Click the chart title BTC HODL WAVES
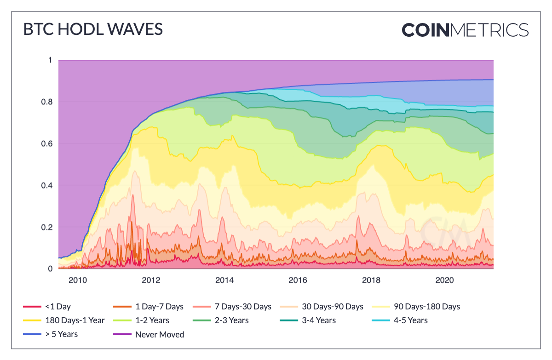coord(93,29)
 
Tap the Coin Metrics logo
coord(465,30)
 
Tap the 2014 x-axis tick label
coord(224,280)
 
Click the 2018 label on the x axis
coord(371,280)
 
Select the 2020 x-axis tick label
coord(444,280)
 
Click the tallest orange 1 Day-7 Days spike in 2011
coord(132,224)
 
